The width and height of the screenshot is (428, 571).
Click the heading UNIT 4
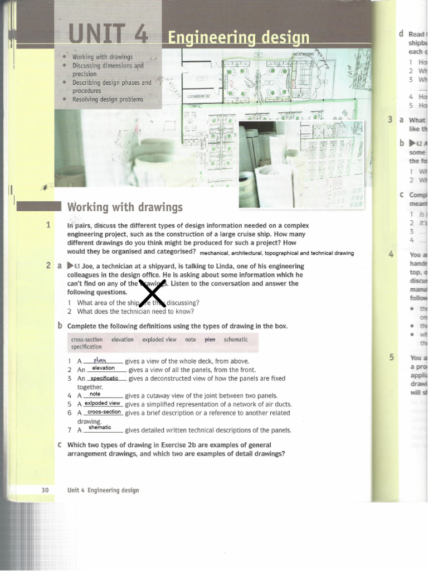tap(108, 35)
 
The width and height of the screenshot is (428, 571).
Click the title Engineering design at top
tap(239, 38)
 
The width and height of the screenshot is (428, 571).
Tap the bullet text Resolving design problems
tap(108, 99)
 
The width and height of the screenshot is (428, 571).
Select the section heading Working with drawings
tap(125, 207)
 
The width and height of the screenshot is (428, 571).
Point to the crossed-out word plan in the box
tap(210, 339)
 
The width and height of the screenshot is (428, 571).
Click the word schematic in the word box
tap(236, 339)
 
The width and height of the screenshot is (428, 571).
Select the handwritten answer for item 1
tap(104, 360)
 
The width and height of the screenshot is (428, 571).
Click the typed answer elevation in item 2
tap(103, 368)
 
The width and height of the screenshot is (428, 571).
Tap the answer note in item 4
tap(95, 394)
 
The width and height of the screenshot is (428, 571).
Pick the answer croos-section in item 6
tap(104, 412)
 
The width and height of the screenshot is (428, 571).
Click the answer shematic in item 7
tap(100, 428)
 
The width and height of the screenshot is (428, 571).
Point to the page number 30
tap(45, 490)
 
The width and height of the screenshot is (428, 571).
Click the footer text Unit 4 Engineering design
tap(103, 490)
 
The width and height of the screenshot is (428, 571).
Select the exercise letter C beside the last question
tap(60, 445)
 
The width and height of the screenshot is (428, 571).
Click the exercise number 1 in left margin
tap(49, 225)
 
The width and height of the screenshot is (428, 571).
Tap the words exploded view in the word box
tap(159, 339)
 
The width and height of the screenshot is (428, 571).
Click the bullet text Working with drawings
tap(103, 57)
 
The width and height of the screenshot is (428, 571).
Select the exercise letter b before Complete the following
tap(60, 326)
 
